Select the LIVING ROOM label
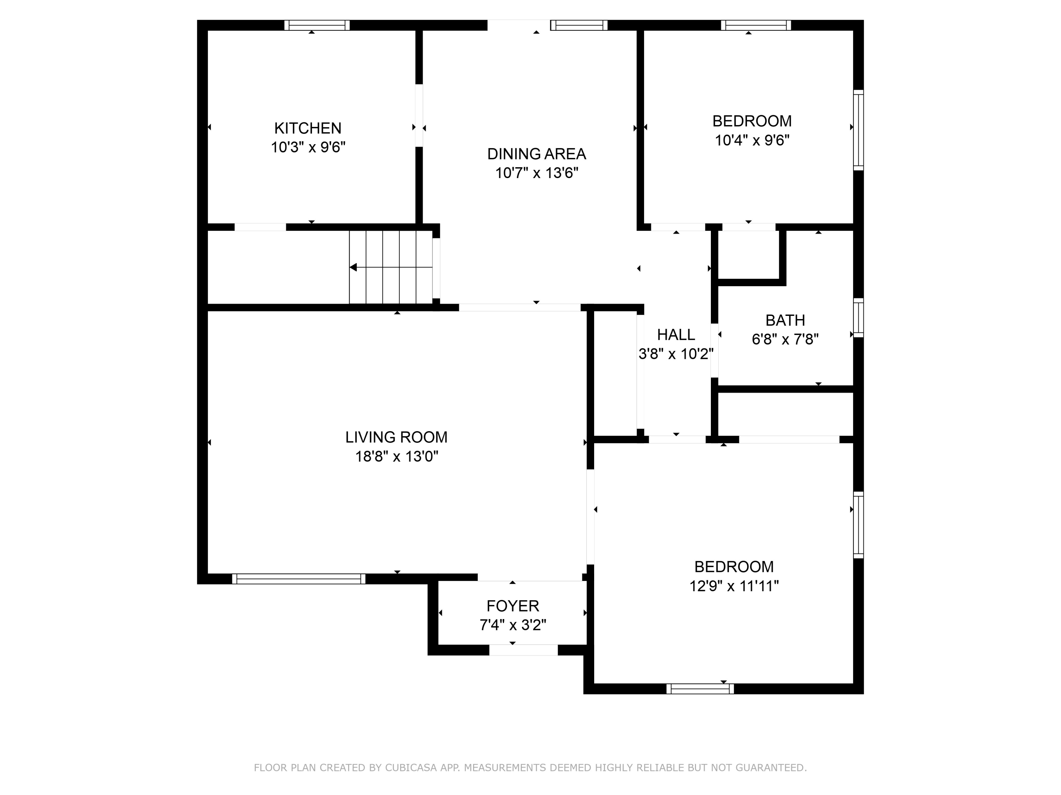pos(396,437)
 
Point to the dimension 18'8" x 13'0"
pos(396,456)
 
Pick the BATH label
pos(785,320)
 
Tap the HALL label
pos(676,335)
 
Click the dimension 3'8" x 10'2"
pos(676,354)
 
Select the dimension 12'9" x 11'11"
pos(734,586)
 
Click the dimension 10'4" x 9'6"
pos(752,140)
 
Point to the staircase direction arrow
pos(354,267)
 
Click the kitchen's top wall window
pos(317,25)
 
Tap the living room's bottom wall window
pos(298,579)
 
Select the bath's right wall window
pos(858,317)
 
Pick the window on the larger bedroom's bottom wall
pos(700,689)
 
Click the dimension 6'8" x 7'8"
pos(785,339)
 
